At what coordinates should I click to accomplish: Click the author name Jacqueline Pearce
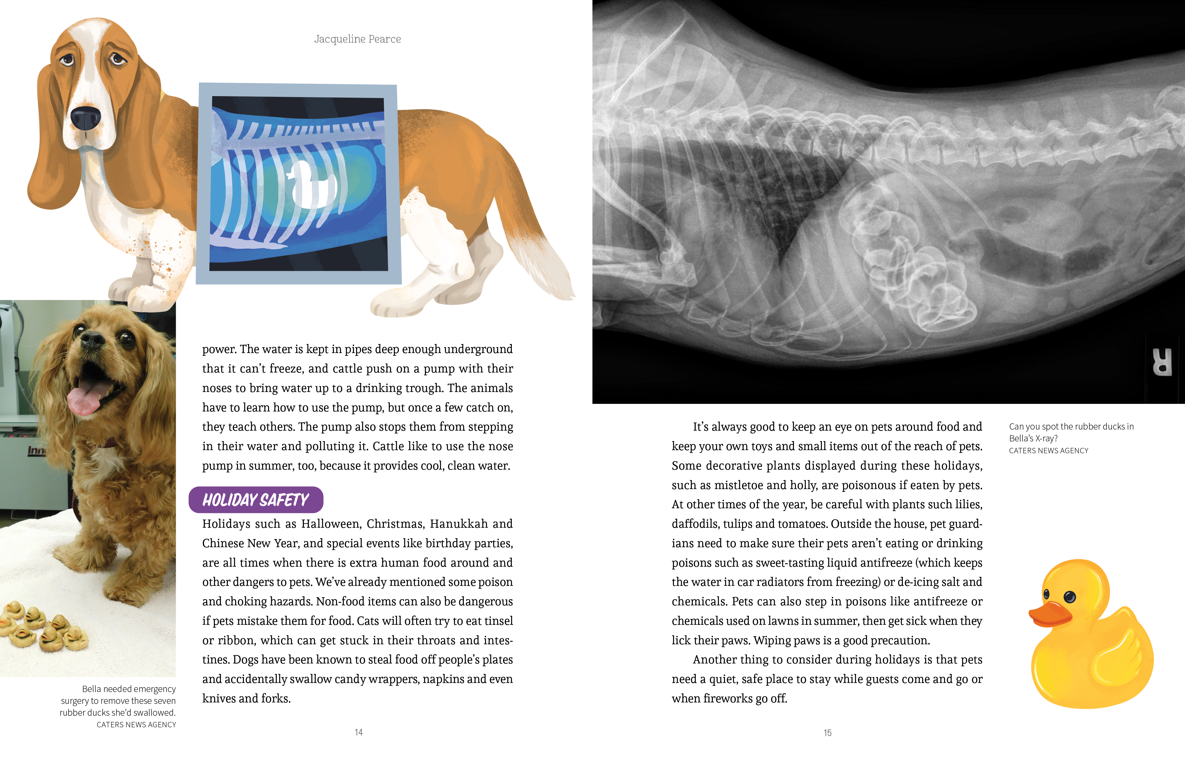pos(357,39)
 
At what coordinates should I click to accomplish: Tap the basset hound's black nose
pos(85,118)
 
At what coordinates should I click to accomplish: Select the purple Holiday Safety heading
pos(256,500)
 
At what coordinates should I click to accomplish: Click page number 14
pos(359,732)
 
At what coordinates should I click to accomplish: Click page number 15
pos(828,733)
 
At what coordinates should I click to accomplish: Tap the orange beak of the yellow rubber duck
pos(1048,614)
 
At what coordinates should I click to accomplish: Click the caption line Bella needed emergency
pos(129,689)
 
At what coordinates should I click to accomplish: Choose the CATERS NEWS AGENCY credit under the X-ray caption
pos(1048,451)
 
